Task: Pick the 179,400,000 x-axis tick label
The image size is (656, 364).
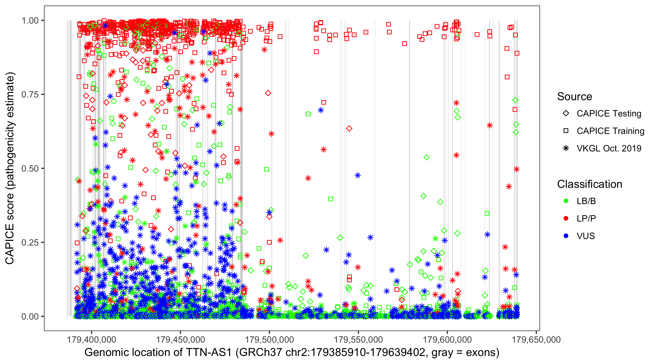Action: pyautogui.click(x=91, y=339)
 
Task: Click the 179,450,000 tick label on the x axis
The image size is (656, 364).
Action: pyautogui.click(x=180, y=339)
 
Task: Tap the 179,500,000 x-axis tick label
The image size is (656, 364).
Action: pyautogui.click(x=269, y=339)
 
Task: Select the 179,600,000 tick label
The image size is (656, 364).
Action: pyautogui.click(x=447, y=339)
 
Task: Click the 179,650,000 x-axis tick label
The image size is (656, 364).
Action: pyautogui.click(x=536, y=339)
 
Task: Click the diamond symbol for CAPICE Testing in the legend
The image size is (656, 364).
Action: pyautogui.click(x=566, y=114)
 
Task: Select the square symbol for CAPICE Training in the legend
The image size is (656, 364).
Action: pyautogui.click(x=566, y=131)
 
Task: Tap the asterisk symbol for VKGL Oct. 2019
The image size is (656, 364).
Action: pyautogui.click(x=566, y=148)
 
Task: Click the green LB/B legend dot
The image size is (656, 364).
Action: pyautogui.click(x=566, y=201)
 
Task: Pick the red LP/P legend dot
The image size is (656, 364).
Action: pyautogui.click(x=566, y=218)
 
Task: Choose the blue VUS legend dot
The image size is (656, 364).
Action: pyautogui.click(x=566, y=236)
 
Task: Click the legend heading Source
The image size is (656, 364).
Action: pyautogui.click(x=575, y=97)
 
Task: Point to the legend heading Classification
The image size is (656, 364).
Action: pyautogui.click(x=589, y=184)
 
